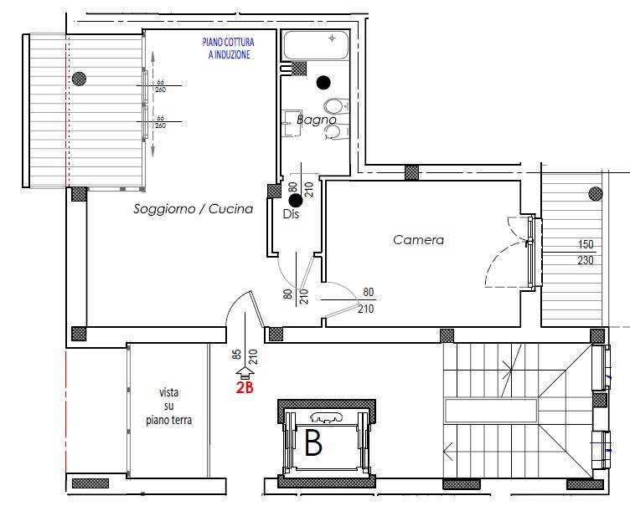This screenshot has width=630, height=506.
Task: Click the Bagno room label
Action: (316, 120)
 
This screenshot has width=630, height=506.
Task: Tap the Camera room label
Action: (418, 240)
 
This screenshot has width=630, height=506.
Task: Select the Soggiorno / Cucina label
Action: (194, 208)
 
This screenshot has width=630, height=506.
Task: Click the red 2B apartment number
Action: (245, 387)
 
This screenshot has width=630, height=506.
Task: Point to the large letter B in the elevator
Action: (313, 442)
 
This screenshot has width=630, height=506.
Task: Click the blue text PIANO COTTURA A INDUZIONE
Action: (228, 49)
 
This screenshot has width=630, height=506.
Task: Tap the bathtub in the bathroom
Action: (316, 45)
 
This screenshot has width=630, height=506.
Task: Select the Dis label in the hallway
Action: (292, 214)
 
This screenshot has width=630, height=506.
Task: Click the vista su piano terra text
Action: (168, 406)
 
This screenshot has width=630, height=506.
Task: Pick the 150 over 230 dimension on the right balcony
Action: (586, 253)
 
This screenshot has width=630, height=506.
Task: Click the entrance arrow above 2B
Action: (245, 373)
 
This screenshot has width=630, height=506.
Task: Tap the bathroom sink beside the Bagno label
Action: (292, 124)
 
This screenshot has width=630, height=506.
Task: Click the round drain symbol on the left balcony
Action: (79, 78)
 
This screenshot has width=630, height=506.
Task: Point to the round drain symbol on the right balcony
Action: (595, 194)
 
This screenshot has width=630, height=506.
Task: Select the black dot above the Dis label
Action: (296, 200)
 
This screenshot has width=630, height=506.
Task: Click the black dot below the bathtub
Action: (323, 82)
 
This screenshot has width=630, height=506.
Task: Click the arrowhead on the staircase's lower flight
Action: (448, 451)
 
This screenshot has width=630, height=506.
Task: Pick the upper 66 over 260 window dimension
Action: (160, 86)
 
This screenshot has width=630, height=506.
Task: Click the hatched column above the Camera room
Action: (411, 173)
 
